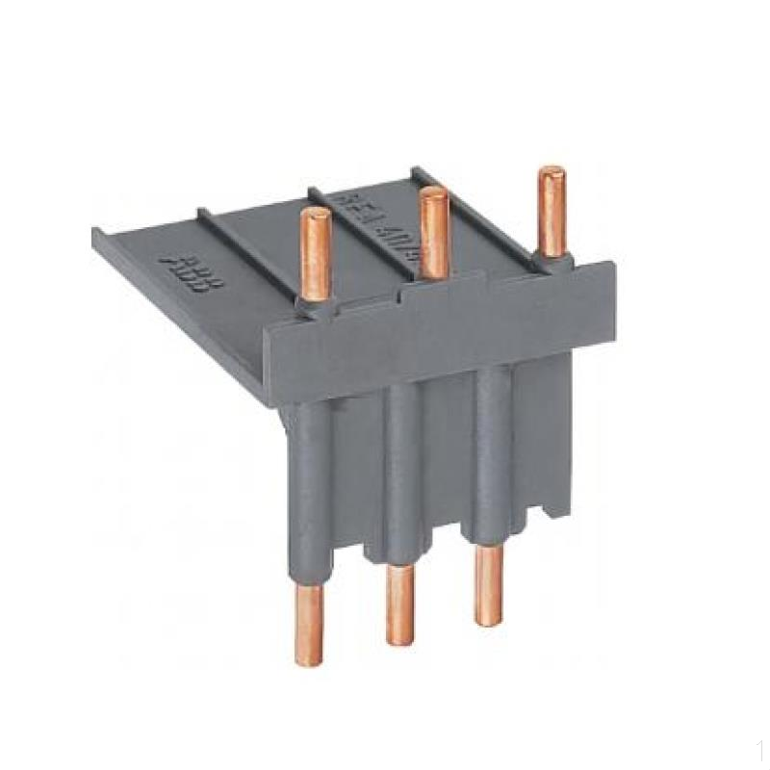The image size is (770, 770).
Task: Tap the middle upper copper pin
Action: coord(433,231)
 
